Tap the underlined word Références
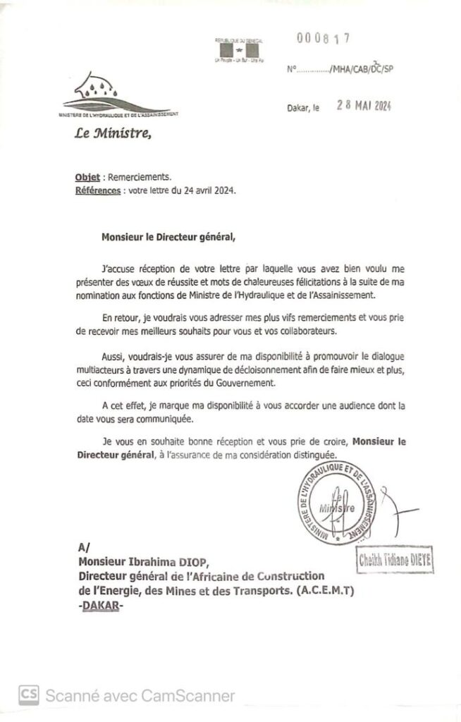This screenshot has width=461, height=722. click(x=97, y=191)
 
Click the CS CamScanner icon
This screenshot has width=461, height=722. click(x=29, y=695)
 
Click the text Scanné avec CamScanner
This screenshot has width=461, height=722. click(x=140, y=695)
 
